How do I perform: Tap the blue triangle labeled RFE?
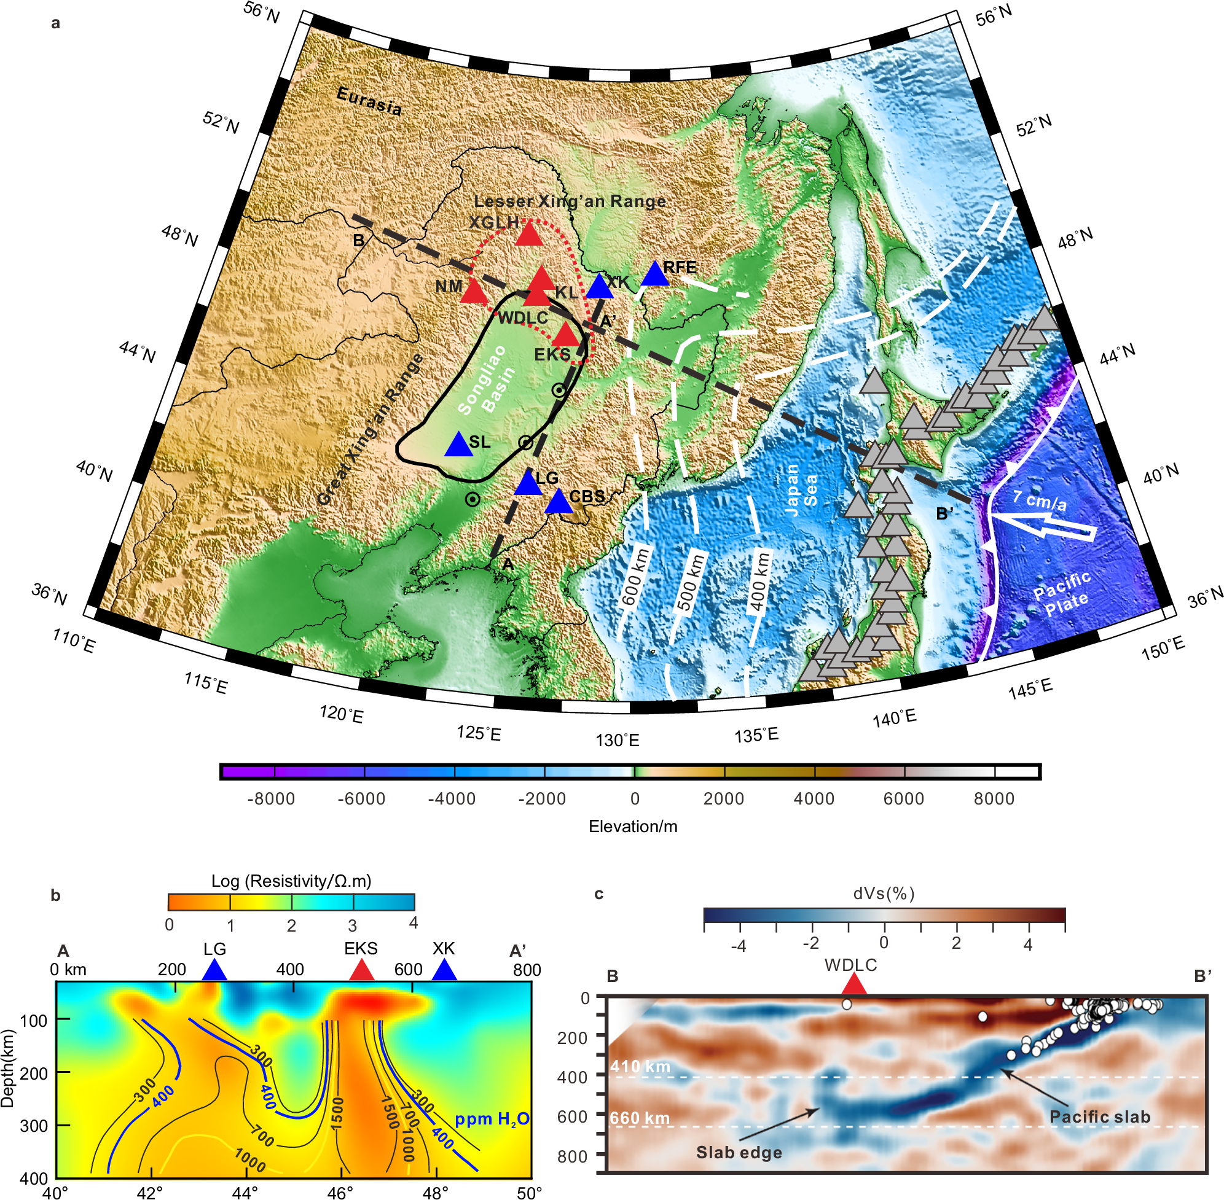pos(654,274)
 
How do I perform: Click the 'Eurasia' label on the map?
pos(369,101)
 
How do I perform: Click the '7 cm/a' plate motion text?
pos(1040,500)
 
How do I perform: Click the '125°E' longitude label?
pos(479,734)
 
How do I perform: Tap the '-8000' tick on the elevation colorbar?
pos(271,799)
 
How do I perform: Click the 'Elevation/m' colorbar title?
pos(632,827)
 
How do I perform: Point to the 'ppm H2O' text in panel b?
pos(492,1120)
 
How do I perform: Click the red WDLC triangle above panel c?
pos(853,984)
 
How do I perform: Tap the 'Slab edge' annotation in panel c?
pos(739,1152)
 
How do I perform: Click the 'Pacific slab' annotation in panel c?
pos(1100,1117)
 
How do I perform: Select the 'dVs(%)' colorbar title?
pos(884,893)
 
